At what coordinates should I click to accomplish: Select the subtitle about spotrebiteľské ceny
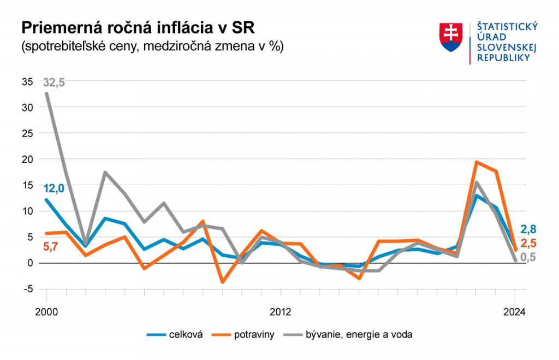click(152, 46)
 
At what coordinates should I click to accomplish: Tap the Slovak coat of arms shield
click(451, 37)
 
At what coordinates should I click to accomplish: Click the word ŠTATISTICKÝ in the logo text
click(508, 27)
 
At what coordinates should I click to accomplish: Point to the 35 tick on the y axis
click(27, 81)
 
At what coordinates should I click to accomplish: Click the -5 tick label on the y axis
click(27, 289)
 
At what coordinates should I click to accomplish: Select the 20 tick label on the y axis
click(27, 159)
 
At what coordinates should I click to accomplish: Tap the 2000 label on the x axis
click(46, 312)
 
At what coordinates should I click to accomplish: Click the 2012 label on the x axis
click(280, 312)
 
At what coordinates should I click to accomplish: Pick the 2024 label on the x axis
click(514, 312)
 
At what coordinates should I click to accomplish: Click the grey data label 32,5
click(54, 82)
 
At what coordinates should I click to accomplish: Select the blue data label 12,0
click(54, 188)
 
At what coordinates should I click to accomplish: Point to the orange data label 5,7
click(50, 247)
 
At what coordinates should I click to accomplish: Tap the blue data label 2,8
click(528, 229)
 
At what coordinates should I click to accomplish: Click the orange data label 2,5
click(528, 244)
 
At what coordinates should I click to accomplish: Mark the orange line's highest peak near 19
click(476, 162)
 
